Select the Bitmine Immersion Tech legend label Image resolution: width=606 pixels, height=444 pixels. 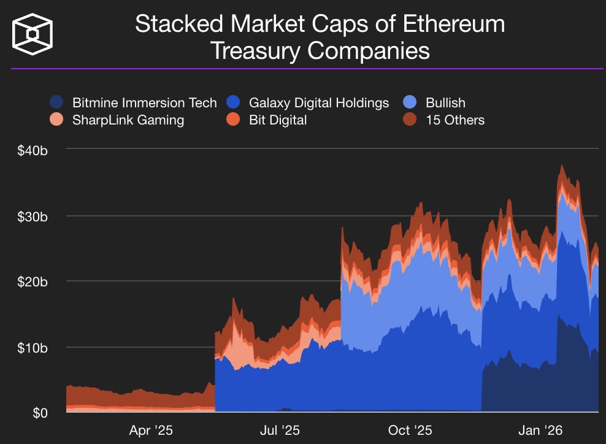tap(144, 102)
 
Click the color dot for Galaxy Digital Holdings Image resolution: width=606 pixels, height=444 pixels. tap(234, 102)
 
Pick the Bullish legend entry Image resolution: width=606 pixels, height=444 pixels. tap(445, 102)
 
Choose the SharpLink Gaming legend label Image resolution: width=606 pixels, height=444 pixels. tap(128, 120)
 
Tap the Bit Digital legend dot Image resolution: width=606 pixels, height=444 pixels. tap(234, 120)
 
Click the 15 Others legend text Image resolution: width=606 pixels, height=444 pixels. tap(455, 120)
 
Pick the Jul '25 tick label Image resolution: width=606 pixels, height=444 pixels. tap(280, 431)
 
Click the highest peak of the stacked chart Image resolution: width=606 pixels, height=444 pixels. tap(561, 166)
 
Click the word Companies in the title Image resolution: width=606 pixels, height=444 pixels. tap(368, 51)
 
